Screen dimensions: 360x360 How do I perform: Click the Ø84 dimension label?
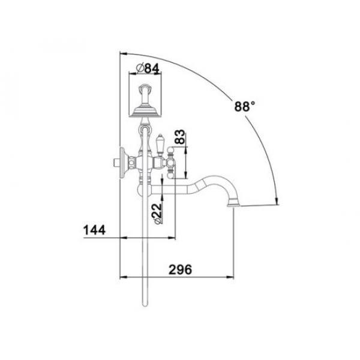pyautogui.click(x=148, y=68)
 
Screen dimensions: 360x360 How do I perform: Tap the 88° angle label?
pyautogui.click(x=245, y=107)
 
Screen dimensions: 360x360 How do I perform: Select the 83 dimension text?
pyautogui.click(x=179, y=137)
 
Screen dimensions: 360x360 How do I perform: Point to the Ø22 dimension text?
pyautogui.click(x=157, y=213)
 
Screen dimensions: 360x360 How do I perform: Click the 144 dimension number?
pyautogui.click(x=95, y=230)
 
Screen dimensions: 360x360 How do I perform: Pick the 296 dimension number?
pyautogui.click(x=180, y=269)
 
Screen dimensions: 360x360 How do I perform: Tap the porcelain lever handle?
pyautogui.click(x=160, y=145)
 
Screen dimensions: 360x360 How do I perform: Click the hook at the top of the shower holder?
pyautogui.click(x=145, y=88)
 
